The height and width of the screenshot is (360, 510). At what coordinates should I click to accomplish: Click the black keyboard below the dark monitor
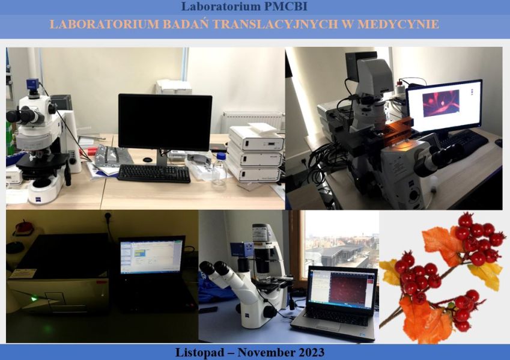click(x=154, y=173)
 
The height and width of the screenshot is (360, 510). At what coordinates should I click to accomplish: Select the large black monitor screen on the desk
click(x=165, y=122)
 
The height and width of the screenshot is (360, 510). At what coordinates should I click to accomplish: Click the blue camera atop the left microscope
click(x=32, y=84)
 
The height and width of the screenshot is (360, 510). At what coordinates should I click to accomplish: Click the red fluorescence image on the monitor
click(x=441, y=103)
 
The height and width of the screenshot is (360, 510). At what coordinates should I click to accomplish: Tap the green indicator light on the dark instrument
click(x=33, y=299)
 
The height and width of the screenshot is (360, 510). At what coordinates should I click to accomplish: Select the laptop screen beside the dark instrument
click(x=151, y=256)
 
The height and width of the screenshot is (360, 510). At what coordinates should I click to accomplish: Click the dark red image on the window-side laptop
click(x=348, y=288)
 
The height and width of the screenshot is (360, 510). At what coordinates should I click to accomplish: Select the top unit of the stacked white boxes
click(x=257, y=138)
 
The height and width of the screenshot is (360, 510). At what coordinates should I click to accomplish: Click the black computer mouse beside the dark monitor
click(x=148, y=160)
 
